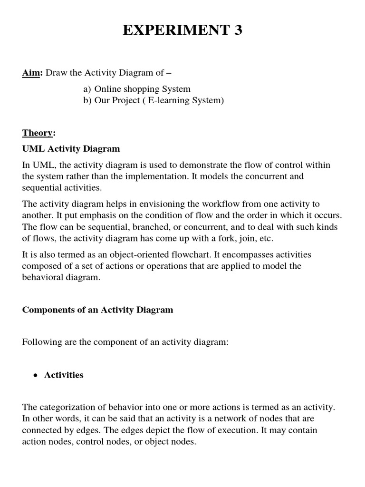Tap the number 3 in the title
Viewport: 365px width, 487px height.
point(238,30)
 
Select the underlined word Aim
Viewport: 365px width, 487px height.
point(31,72)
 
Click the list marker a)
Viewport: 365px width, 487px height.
point(87,89)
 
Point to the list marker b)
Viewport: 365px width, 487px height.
point(87,100)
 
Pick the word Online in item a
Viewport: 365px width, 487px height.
point(107,89)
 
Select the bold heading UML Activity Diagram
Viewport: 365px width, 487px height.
point(71,149)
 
